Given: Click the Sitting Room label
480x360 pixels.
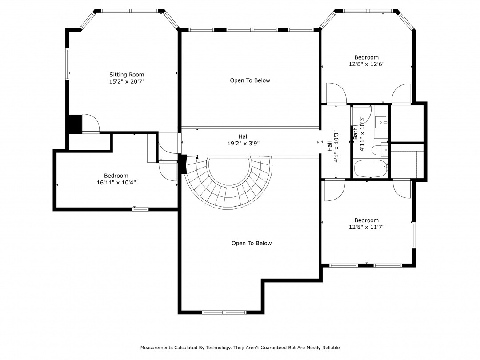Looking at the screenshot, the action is point(127,75).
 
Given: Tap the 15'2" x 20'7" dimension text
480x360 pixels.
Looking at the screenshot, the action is point(127,81).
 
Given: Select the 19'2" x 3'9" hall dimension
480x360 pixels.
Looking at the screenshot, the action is point(244,143).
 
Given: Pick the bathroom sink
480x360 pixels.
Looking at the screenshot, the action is point(381,123).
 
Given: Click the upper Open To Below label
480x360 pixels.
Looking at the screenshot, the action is point(250,80).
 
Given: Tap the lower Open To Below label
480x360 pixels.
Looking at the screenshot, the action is point(252,244).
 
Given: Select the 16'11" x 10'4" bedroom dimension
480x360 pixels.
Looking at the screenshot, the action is point(116,183).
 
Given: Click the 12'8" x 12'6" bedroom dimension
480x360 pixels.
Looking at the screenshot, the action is point(366,64).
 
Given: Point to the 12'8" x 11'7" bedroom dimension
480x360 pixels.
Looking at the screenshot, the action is point(366,227).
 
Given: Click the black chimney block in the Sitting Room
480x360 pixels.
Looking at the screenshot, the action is point(74,124).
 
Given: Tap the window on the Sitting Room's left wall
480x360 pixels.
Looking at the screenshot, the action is point(67,64).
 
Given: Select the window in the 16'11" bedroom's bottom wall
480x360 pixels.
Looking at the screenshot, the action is point(140,209).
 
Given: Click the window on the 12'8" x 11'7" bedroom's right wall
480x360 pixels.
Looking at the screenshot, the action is point(414,235).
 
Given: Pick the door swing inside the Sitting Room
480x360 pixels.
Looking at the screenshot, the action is point(91,123).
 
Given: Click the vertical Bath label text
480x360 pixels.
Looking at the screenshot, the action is point(356,134).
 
